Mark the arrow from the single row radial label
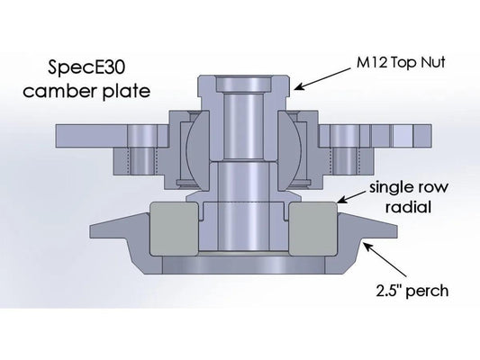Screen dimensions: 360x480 347,200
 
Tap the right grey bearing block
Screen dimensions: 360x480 315,227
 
